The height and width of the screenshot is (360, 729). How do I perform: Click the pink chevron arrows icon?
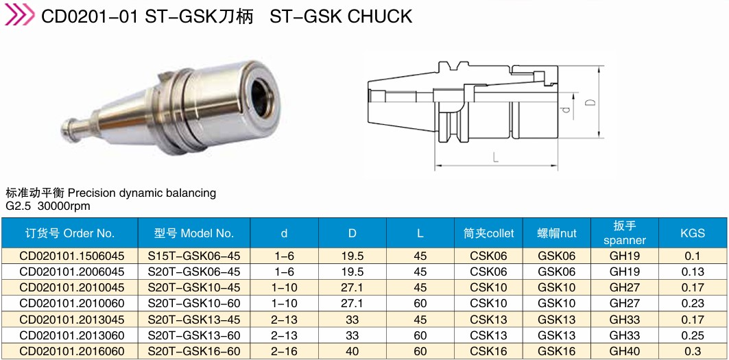pyautogui.click(x=19, y=15)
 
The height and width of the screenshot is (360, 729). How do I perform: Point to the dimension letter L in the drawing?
pyautogui.click(x=496, y=158)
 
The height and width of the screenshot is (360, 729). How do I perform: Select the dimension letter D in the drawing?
pyautogui.click(x=590, y=102)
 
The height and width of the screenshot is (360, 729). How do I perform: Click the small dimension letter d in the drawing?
pyautogui.click(x=565, y=110)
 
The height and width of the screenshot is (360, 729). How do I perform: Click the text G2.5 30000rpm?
pyautogui.click(x=48, y=206)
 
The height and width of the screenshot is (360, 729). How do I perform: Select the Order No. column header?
pyautogui.click(x=70, y=233)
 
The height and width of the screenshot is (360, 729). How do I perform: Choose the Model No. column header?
pyautogui.click(x=194, y=233)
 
